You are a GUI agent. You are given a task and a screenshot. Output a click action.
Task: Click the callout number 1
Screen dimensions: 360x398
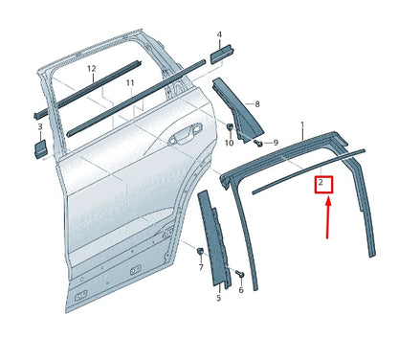(x=302, y=125)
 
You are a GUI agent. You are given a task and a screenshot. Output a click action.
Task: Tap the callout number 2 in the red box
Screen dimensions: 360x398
(x=322, y=181)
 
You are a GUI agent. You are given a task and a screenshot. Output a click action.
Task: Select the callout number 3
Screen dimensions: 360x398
(x=40, y=125)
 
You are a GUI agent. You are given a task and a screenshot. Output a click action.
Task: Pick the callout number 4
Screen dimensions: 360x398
(x=219, y=35)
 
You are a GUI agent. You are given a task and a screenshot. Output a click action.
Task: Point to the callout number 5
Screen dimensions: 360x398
(x=218, y=299)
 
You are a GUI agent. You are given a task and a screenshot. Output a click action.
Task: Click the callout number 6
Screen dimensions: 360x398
(x=240, y=288)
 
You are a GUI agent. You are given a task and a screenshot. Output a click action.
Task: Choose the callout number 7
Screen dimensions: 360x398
(x=200, y=267)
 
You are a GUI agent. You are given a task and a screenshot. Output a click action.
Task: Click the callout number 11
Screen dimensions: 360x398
(x=129, y=83)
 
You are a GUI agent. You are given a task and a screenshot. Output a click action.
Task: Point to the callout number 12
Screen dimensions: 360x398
(x=92, y=69)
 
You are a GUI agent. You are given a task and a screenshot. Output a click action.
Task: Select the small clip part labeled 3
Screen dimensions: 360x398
(x=41, y=146)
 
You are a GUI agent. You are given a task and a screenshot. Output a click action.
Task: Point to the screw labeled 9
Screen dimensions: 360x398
(x=259, y=143)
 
